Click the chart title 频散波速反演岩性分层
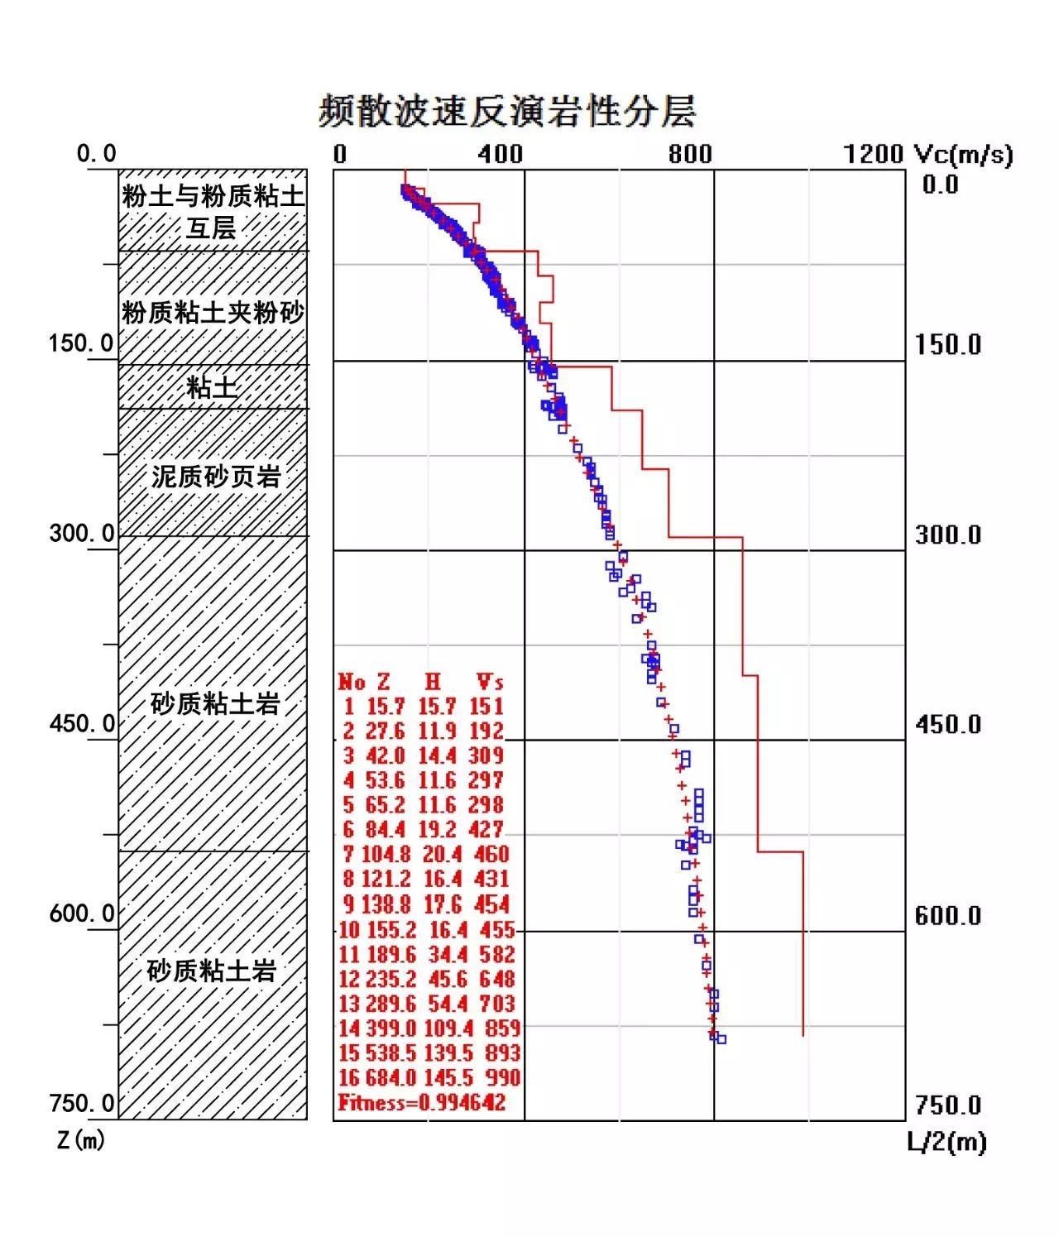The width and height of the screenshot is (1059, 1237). pyautogui.click(x=506, y=111)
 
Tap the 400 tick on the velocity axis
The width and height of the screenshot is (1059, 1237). pyautogui.click(x=500, y=155)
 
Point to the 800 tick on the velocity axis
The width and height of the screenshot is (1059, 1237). pyautogui.click(x=690, y=155)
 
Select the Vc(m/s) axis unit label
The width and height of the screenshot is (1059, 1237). pyautogui.click(x=963, y=155)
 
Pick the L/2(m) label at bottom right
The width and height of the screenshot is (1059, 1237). pyautogui.click(x=946, y=1142)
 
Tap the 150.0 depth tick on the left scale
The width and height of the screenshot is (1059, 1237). pyautogui.click(x=81, y=343)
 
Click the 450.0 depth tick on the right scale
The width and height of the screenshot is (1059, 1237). pyautogui.click(x=947, y=725)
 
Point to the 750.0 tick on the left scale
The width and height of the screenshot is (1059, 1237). pyautogui.click(x=81, y=1103)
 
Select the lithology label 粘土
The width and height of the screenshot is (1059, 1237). pyautogui.click(x=212, y=387)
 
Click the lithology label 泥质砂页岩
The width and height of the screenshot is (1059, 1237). pyautogui.click(x=216, y=477)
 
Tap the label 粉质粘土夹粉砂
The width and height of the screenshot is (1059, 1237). pyautogui.click(x=213, y=312)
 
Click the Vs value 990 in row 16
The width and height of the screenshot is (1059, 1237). pyautogui.click(x=502, y=1077)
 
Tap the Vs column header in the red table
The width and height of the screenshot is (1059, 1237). pyautogui.click(x=490, y=682)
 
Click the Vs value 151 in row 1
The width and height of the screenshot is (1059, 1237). pyautogui.click(x=486, y=706)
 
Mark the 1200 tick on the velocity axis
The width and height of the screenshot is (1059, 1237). pyautogui.click(x=873, y=155)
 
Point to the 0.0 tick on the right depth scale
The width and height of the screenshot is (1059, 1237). pyautogui.click(x=940, y=185)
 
